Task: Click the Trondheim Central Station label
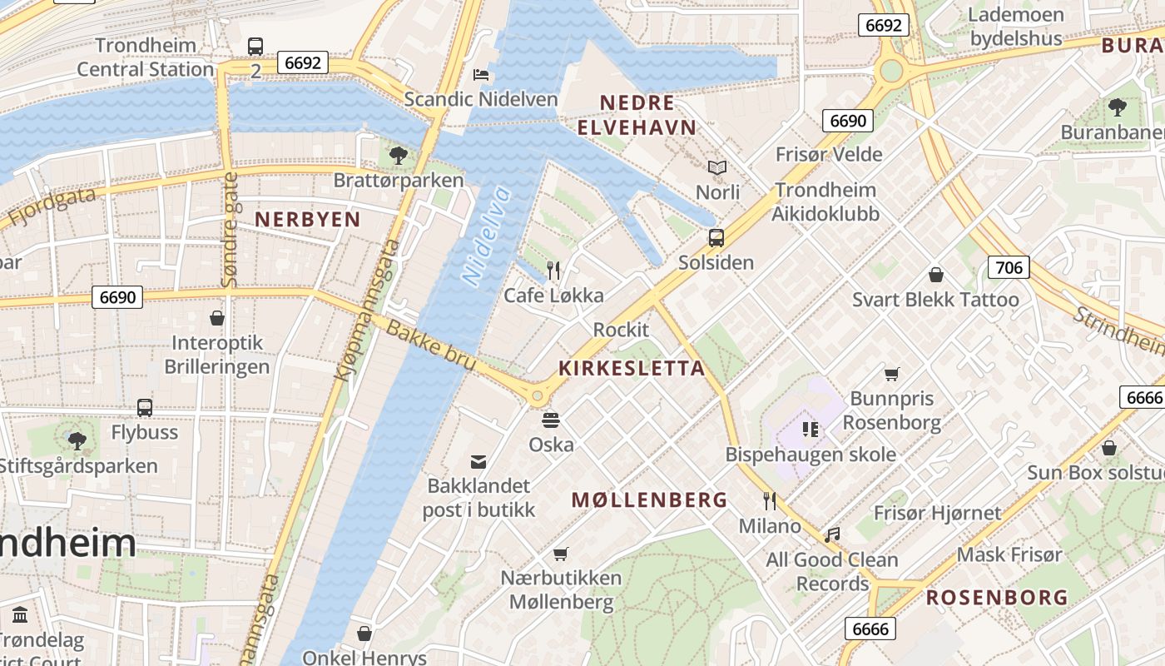coord(146,57)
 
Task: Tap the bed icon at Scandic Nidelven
coord(481,75)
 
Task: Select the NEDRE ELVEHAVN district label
coord(637,115)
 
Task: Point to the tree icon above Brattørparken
coord(399,155)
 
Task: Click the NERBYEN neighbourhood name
coord(307,220)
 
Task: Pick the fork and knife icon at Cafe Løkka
coord(553,271)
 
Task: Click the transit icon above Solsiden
coord(716,238)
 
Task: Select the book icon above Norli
coord(717,168)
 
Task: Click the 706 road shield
coord(1009,267)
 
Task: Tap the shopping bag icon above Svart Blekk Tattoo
coord(936,275)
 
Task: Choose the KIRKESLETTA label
coord(632,368)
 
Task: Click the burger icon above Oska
coord(551,420)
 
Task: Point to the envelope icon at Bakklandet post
coord(478,462)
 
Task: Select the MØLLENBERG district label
coord(649,499)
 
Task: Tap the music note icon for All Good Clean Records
coord(831,535)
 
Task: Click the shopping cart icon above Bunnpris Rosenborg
coord(892,374)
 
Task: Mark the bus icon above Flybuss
coord(145,408)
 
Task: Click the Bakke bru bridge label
coord(430,345)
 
